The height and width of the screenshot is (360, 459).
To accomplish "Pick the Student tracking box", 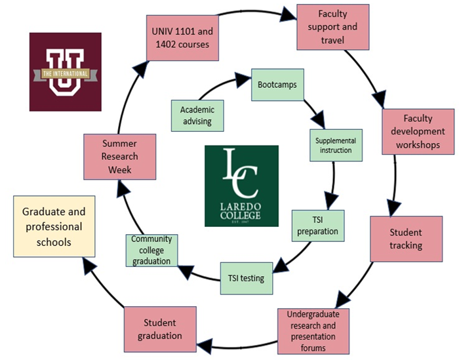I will click(406, 239).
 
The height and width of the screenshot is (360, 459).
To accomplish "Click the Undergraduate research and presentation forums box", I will click(313, 330).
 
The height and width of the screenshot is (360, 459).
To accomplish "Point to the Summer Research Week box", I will click(120, 157).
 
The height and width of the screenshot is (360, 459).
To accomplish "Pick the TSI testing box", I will click(246, 277).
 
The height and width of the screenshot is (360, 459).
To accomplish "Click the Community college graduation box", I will click(151, 250).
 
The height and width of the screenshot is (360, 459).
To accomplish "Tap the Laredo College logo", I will click(241, 186).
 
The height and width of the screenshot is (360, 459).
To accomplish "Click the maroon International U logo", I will click(65, 71).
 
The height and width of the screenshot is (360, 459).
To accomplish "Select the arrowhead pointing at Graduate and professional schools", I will click(88, 264).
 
